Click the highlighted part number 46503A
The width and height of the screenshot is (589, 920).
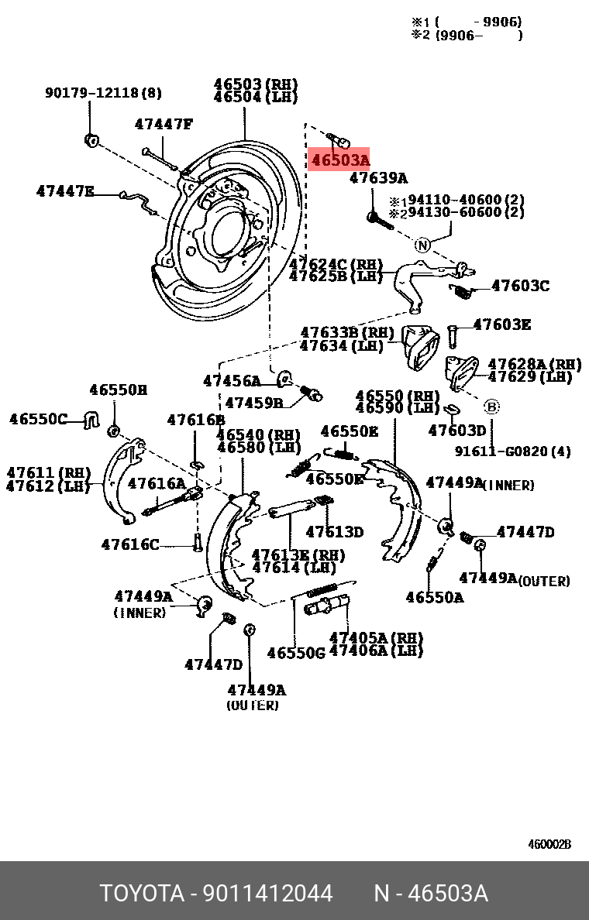[x=339, y=160]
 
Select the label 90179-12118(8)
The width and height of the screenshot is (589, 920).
[x=103, y=93]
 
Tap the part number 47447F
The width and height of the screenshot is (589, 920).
[x=163, y=124]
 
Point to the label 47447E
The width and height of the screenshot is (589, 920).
[x=65, y=191]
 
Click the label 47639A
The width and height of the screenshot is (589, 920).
[x=377, y=178]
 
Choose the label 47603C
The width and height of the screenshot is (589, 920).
[x=520, y=286]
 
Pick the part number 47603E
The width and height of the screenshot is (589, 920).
[x=501, y=324]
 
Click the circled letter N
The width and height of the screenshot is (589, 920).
[x=422, y=245]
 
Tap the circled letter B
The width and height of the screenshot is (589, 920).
[x=492, y=406]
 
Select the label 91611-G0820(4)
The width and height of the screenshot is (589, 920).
[x=512, y=451]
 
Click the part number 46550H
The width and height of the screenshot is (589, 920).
[x=117, y=390]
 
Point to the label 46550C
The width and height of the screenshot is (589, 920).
[x=39, y=419]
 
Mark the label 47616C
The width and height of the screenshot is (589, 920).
[x=130, y=544]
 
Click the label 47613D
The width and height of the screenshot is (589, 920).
[x=334, y=531]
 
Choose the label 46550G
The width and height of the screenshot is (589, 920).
[x=295, y=653]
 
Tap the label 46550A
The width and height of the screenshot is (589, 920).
[x=435, y=597]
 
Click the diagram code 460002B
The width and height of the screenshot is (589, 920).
[x=549, y=844]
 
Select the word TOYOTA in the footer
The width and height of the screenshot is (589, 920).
[x=140, y=894]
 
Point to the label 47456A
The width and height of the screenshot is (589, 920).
[x=232, y=380]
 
